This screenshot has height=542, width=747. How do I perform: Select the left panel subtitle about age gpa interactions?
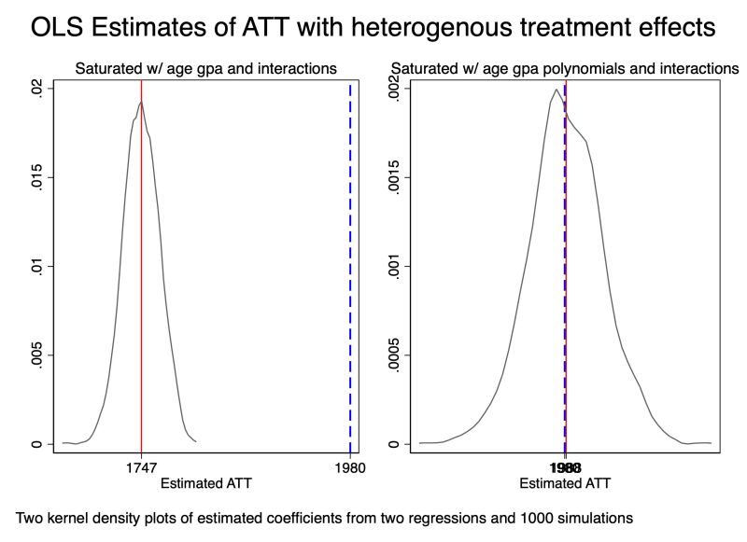(206, 68)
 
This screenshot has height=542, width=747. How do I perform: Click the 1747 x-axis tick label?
(141, 469)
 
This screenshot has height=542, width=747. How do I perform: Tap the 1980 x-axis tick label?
(350, 469)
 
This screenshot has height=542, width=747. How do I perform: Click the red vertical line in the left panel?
(141, 280)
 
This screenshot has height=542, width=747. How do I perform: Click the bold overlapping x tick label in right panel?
(565, 469)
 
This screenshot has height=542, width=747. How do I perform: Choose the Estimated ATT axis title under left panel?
(206, 483)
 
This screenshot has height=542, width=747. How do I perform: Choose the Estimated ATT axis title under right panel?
(565, 483)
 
